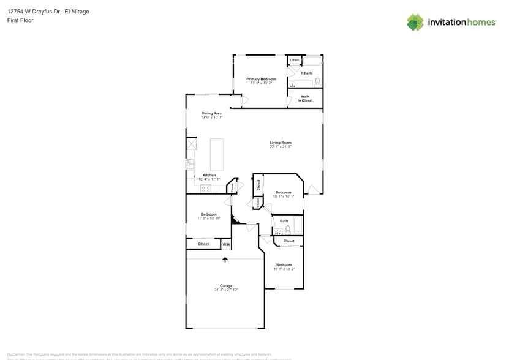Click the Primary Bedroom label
pos(261,79)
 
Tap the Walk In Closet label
pos(305,98)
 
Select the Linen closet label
pos(294,60)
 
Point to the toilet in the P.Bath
pos(317,81)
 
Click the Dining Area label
pos(211,113)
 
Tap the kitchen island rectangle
pos(216,154)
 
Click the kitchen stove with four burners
pos(206,189)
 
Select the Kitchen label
pos(209,176)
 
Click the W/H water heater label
pos(226,244)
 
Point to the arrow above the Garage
pos(225,260)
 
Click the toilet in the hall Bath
pos(287,230)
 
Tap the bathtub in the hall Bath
pos(298,225)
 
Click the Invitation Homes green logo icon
pos(415,22)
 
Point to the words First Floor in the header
pos(20,20)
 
